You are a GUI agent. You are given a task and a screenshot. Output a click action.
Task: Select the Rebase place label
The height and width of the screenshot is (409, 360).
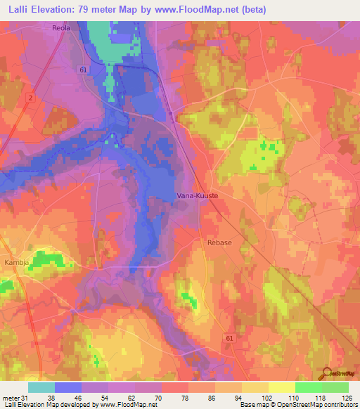[x=220, y=242]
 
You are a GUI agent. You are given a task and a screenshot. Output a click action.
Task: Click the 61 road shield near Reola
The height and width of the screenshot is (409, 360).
[x=84, y=70]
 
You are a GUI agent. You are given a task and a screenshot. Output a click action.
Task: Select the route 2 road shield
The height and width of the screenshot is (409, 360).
[x=30, y=98]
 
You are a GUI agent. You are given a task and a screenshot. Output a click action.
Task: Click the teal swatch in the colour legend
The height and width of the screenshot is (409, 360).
[x=41, y=387]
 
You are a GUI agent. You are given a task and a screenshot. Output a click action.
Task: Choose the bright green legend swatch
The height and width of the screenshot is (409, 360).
[x=309, y=387]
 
